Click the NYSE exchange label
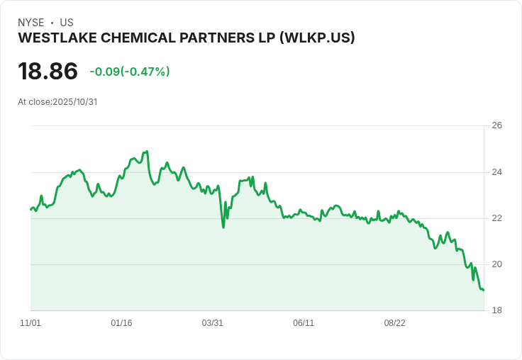pyautogui.click(x=30, y=23)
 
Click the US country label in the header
pyautogui.click(x=67, y=23)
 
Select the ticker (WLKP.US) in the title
pyautogui.click(x=312, y=38)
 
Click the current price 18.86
pyautogui.click(x=48, y=72)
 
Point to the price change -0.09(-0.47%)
pyautogui.click(x=130, y=72)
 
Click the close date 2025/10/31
pyautogui.click(x=74, y=101)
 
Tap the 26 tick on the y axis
pyautogui.click(x=496, y=125)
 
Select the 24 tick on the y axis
pyautogui.click(x=496, y=172)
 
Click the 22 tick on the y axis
pyautogui.click(x=496, y=218)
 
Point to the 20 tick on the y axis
pyautogui.click(x=496, y=264)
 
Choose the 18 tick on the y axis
pyautogui.click(x=496, y=310)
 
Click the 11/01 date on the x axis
pyautogui.click(x=30, y=323)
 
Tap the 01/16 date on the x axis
pyautogui.click(x=121, y=323)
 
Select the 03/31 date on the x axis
pyautogui.click(x=213, y=323)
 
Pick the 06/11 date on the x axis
pyautogui.click(x=304, y=323)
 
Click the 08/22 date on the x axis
pyautogui.click(x=394, y=323)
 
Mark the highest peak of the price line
pyautogui.click(x=147, y=151)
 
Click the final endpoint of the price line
pyautogui.click(x=484, y=290)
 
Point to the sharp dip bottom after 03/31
pyautogui.click(x=223, y=227)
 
